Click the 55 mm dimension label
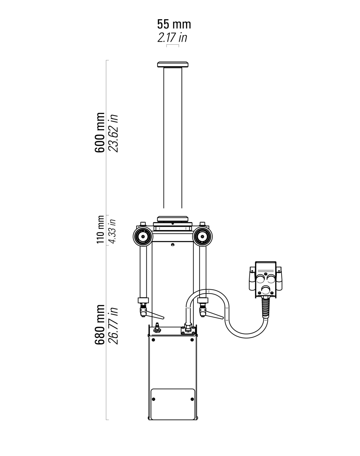[174, 24]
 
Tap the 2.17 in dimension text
[172, 38]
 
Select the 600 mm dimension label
[100, 132]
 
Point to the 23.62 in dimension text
[113, 133]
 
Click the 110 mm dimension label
[100, 229]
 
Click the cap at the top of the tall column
[173, 64]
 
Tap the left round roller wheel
[143, 236]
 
